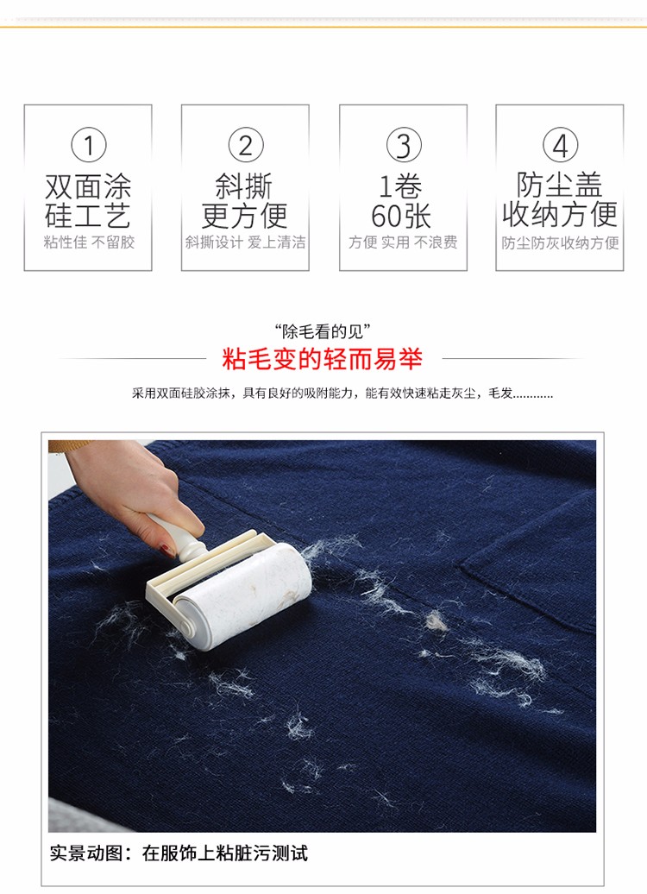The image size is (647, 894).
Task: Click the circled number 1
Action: coord(88,145)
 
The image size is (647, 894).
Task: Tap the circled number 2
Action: coord(246,145)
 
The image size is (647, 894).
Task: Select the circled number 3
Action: coord(404,145)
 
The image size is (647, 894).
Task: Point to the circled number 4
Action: coord(561,145)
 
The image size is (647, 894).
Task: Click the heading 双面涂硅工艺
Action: coord(88,201)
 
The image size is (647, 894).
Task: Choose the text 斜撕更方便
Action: coord(245,201)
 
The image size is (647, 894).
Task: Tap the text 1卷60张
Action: coord(401,201)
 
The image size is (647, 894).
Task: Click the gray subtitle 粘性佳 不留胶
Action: coord(89,242)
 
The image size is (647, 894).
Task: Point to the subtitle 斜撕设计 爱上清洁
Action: coord(245,242)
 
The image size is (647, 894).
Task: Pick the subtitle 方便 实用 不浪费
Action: coord(403,242)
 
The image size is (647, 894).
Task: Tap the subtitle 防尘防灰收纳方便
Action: coord(561,242)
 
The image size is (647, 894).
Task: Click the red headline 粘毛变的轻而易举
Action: coord(322,359)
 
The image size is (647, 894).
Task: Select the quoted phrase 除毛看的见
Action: coord(323,331)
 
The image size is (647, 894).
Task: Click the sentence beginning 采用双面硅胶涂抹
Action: coord(342,393)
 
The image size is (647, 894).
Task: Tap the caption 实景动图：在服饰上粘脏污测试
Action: coord(179,853)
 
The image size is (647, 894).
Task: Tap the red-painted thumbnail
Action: coord(167,551)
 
